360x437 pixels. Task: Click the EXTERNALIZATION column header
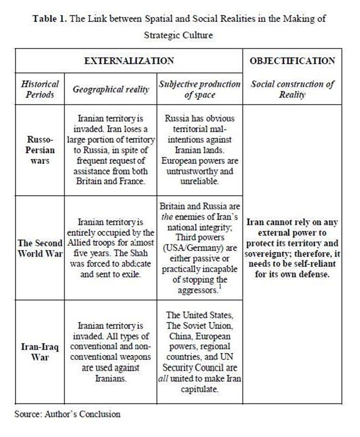point(129,61)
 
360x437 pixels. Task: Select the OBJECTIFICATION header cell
point(292,61)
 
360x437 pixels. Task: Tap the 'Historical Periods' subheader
point(40,89)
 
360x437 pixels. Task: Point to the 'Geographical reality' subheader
point(111,89)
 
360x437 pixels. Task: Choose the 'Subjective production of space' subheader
point(199,89)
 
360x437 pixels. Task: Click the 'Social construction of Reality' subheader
point(292,89)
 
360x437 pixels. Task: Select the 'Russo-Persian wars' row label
point(40,150)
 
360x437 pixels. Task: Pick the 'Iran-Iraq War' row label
point(40,352)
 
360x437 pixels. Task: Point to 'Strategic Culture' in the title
point(178,35)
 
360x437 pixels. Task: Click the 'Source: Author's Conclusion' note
point(67,414)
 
